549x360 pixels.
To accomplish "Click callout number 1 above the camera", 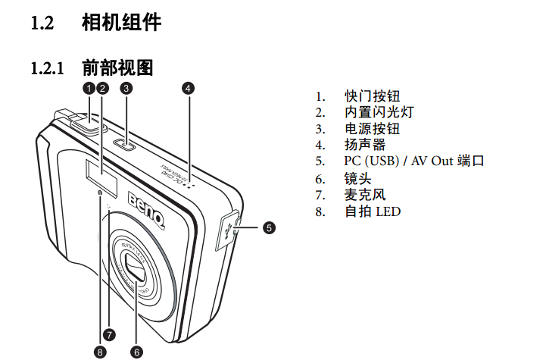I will click(x=89, y=87).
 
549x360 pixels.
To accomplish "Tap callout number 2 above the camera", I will click(x=102, y=87).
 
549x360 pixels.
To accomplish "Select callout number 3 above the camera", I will click(x=126, y=87).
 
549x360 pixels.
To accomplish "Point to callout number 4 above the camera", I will click(x=188, y=87).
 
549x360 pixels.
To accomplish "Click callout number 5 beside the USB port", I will click(x=269, y=227).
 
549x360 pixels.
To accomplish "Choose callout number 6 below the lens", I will click(x=137, y=351).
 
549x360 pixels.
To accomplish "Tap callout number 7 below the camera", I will click(x=111, y=333).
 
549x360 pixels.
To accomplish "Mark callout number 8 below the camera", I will click(x=100, y=351).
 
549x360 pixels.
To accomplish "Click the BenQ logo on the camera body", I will click(x=146, y=210).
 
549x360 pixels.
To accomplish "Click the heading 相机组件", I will click(x=121, y=23).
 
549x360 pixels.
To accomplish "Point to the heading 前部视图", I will click(x=117, y=68).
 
